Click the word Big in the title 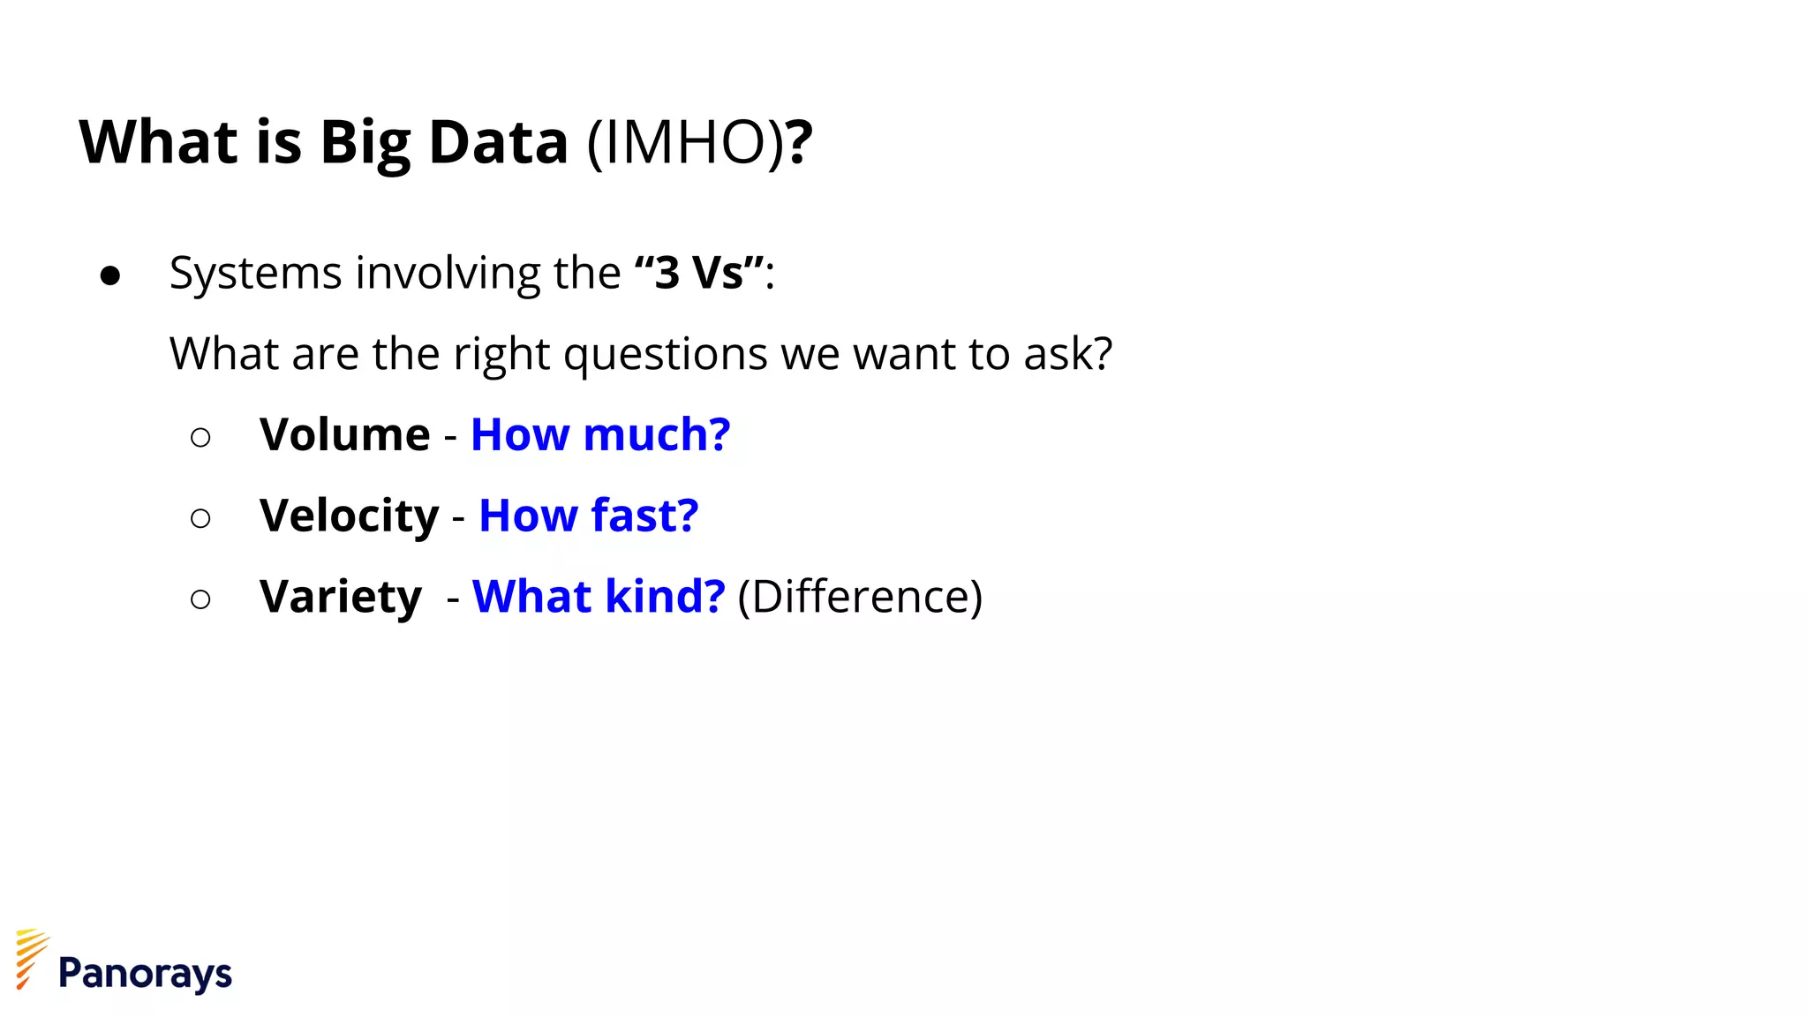pos(365,143)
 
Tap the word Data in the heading pos(498,143)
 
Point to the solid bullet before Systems pos(110,275)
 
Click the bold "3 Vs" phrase pos(699,272)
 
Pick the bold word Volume pos(344,434)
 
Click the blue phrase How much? pos(600,434)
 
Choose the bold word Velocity pos(349,516)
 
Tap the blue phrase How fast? pos(588,516)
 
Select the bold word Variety pos(341,598)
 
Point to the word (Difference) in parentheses pos(859,598)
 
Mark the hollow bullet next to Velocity pos(200,518)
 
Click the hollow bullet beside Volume pos(200,437)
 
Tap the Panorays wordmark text pos(145,974)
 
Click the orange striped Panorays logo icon pos(31,958)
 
